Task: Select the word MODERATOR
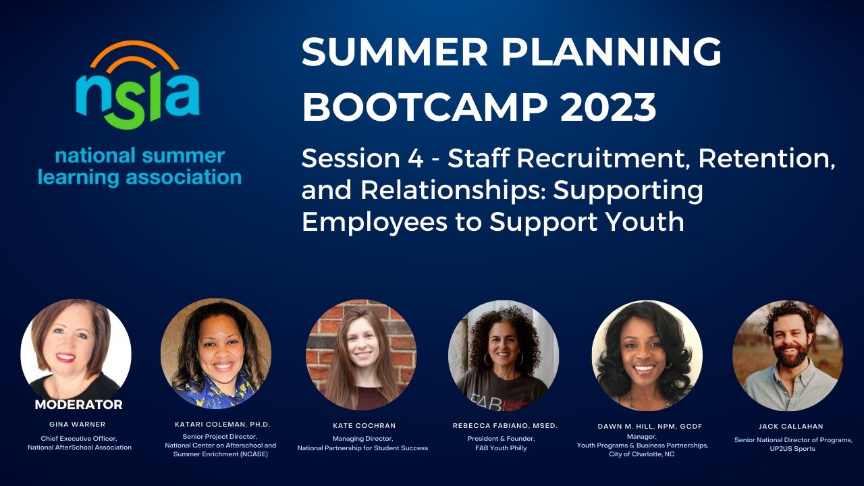pos(78,405)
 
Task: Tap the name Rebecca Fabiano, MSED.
pos(505,426)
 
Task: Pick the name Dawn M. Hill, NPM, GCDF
pos(646,427)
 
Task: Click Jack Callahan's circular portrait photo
pos(788,355)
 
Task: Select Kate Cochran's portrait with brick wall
pos(361,355)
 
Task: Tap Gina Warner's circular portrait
pos(76,351)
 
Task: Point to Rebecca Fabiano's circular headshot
pos(504,355)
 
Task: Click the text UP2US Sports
pos(793,449)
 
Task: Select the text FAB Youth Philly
pos(505,448)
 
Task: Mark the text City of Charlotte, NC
pos(642,454)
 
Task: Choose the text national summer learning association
pos(140,167)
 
